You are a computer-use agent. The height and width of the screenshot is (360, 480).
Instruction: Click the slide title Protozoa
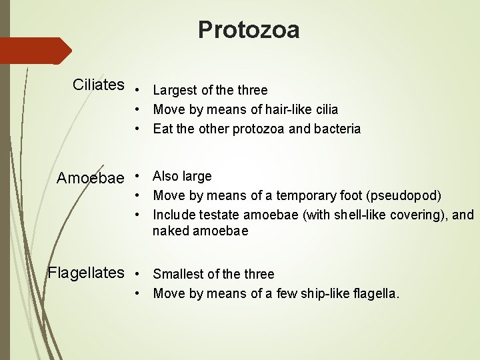coord(249,30)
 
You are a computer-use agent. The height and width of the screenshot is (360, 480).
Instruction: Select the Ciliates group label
coord(99,85)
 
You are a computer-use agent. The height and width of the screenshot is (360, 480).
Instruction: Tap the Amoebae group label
coord(90,178)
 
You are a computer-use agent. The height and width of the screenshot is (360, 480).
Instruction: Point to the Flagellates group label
coord(86,273)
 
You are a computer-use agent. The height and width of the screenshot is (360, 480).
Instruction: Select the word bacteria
coord(337,129)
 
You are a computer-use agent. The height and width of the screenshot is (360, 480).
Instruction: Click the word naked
coord(171,231)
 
